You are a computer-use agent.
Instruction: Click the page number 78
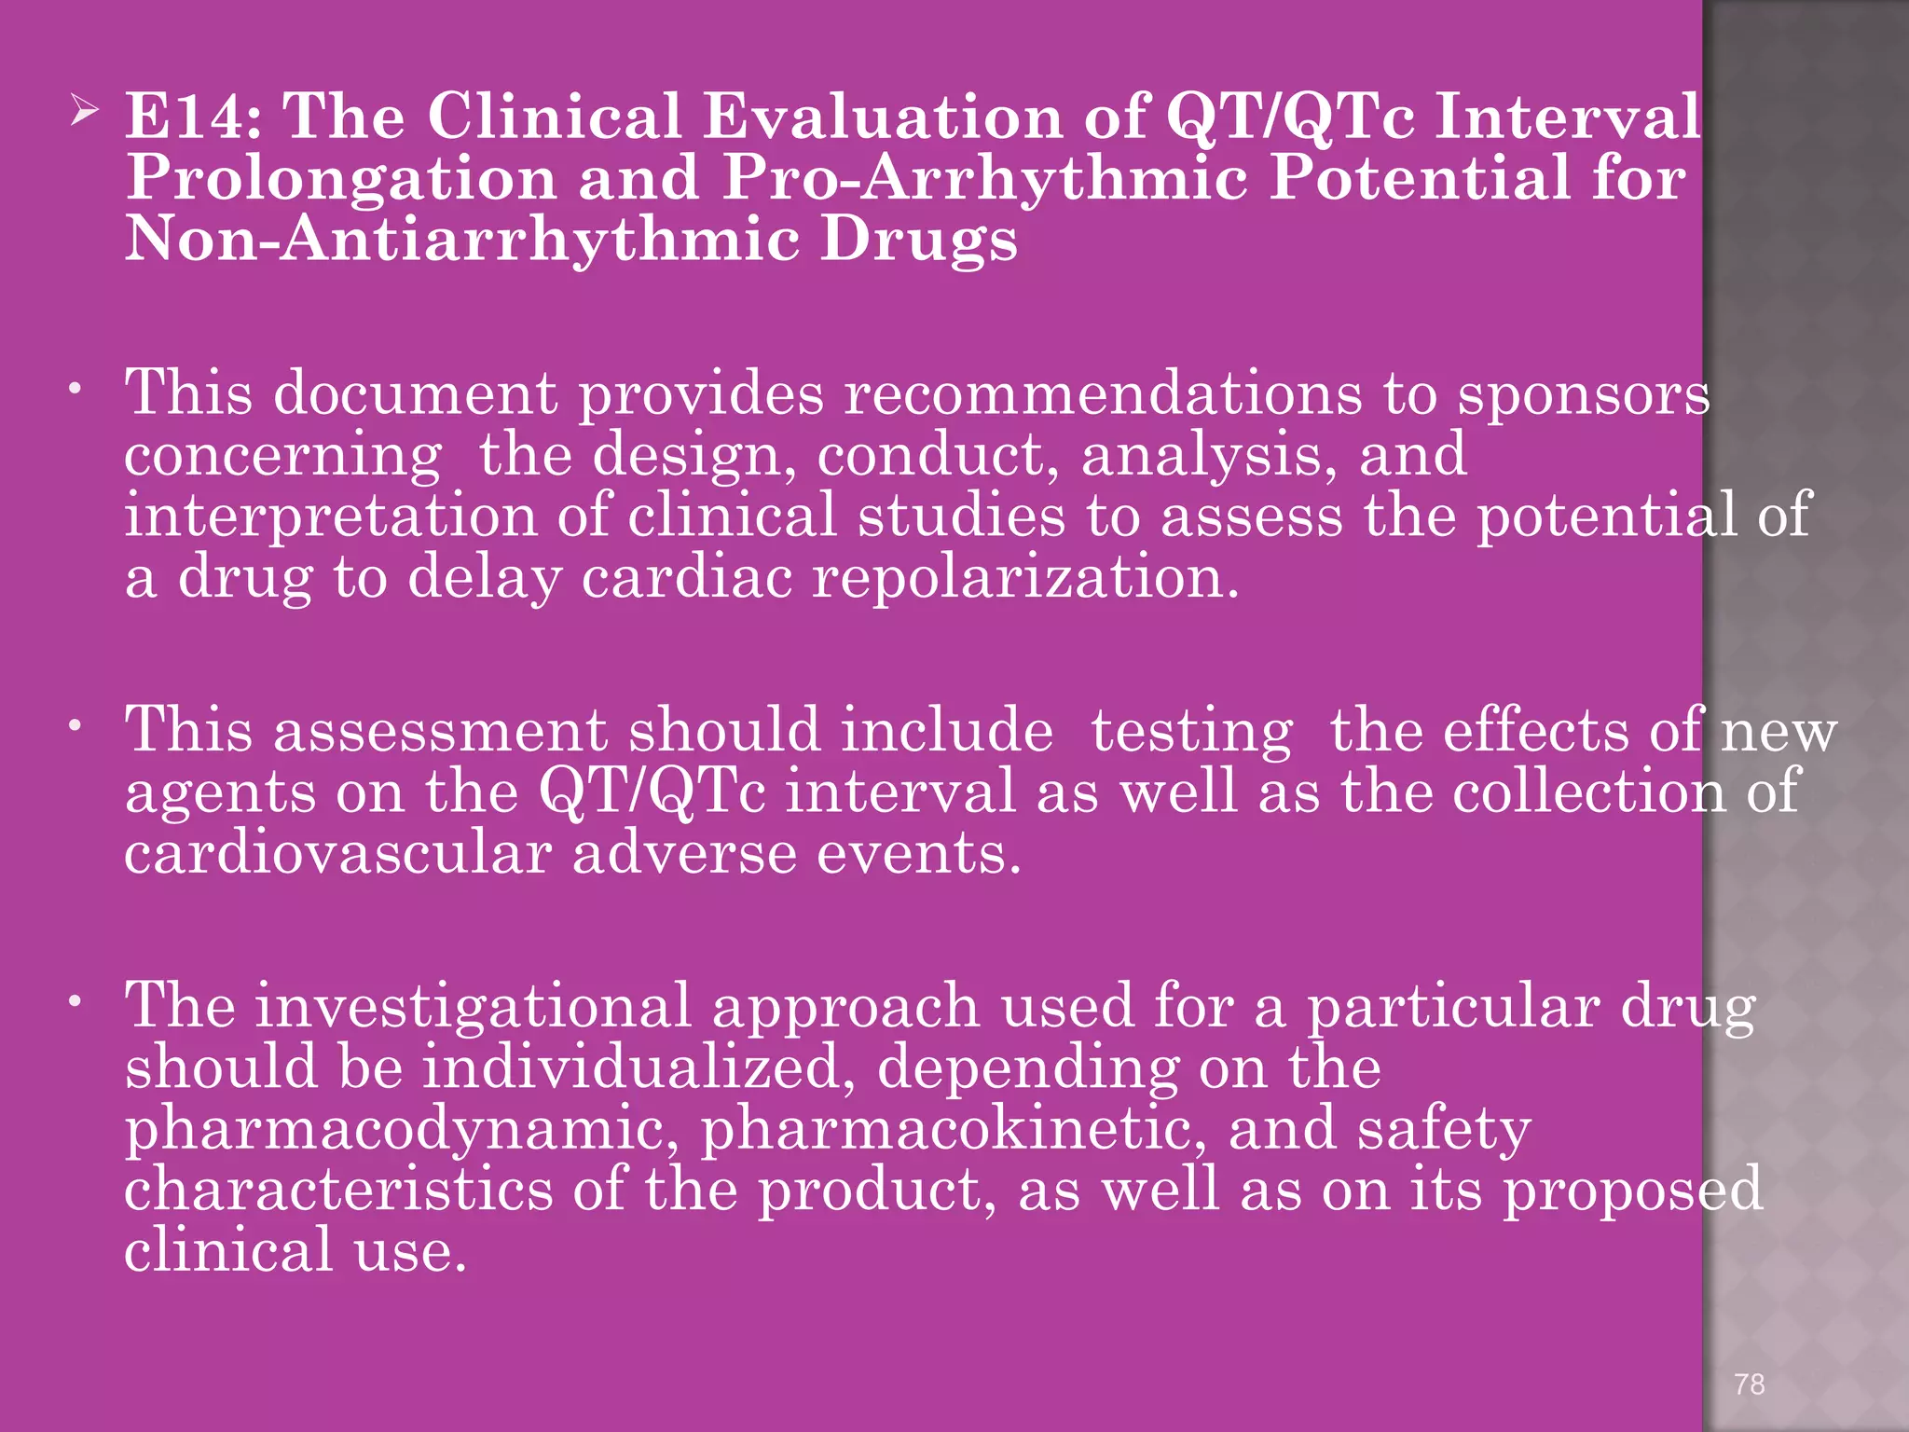(1750, 1384)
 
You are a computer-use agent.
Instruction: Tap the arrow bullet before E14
(85, 115)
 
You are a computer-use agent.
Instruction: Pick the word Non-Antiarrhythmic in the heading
(461, 240)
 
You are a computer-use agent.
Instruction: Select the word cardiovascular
(338, 853)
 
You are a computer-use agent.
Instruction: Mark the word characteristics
(338, 1191)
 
